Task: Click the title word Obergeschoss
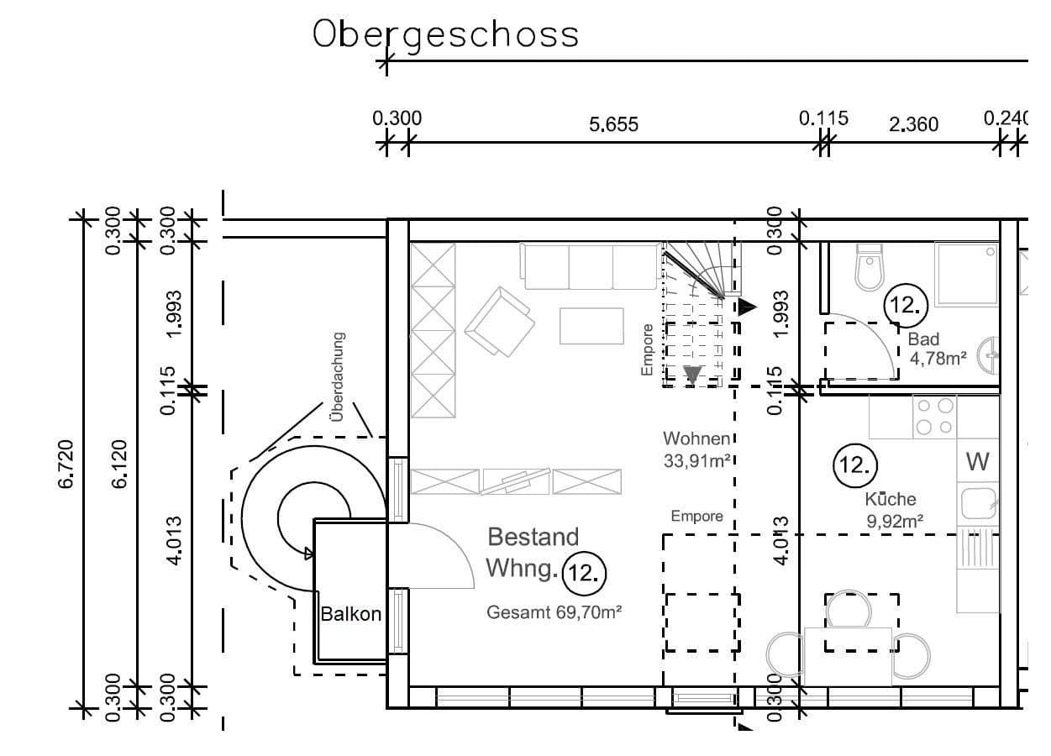pos(446,35)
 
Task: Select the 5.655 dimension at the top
pos(613,124)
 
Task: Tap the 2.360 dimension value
pos(913,124)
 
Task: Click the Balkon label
pos(350,614)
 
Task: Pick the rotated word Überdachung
pos(337,376)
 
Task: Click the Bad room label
pos(923,339)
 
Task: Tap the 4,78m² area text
pos(938,359)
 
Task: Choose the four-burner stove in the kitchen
pos(935,416)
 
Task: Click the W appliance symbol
pos(977,461)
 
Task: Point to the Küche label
pos(891,499)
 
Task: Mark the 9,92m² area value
pos(895,520)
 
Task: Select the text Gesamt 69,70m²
pos(554,612)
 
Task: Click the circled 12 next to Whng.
pos(583,573)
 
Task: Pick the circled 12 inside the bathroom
pos(906,305)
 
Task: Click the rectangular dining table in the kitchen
pos(848,656)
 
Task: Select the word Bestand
pos(533,536)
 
